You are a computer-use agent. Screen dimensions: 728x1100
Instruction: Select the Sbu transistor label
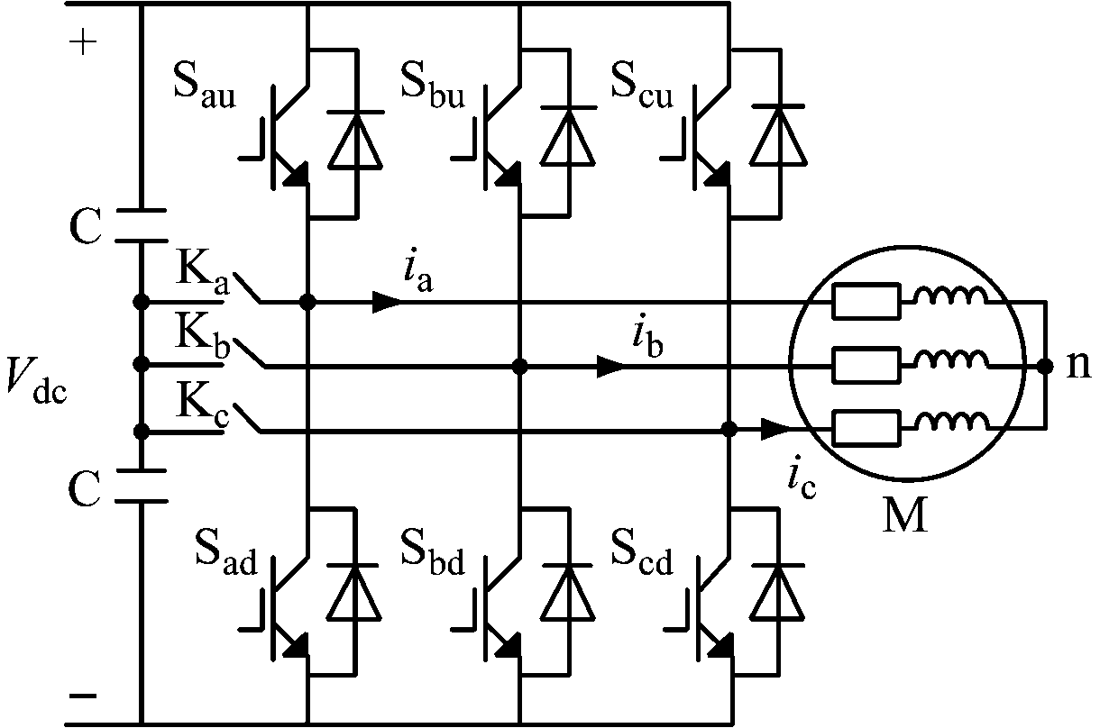coord(433,88)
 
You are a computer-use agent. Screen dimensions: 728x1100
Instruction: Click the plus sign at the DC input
coord(82,44)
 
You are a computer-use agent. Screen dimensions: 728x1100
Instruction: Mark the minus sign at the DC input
coord(82,696)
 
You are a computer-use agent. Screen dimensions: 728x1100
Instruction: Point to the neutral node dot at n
coord(1044,366)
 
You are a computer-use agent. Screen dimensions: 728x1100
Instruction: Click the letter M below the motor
coord(903,516)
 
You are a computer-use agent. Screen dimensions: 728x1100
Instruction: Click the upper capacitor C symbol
coord(141,225)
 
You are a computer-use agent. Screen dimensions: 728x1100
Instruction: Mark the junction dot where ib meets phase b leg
coord(519,366)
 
